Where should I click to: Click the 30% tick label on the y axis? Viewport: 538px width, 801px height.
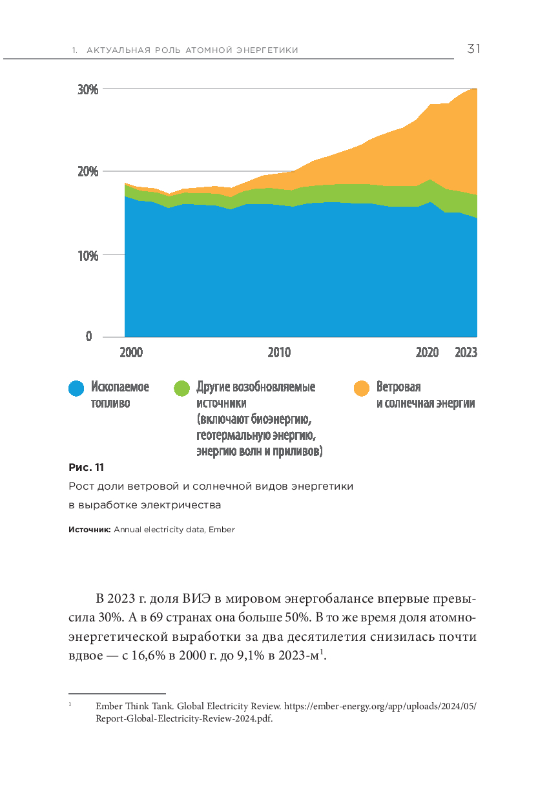pyautogui.click(x=88, y=89)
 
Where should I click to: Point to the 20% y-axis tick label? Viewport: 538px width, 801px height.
pyautogui.click(x=88, y=172)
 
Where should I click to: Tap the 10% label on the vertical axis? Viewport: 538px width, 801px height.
pyautogui.click(x=88, y=255)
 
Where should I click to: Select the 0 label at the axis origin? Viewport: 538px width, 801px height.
pyautogui.click(x=88, y=337)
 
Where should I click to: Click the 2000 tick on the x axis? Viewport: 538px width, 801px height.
pyautogui.click(x=131, y=353)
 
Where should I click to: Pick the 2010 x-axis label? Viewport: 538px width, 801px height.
pyautogui.click(x=279, y=353)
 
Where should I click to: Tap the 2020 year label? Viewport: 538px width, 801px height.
pyautogui.click(x=427, y=353)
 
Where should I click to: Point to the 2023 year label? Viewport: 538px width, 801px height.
pyautogui.click(x=466, y=353)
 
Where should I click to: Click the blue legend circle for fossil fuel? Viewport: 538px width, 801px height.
pyautogui.click(x=77, y=388)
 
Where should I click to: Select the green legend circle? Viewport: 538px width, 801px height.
pyautogui.click(x=183, y=388)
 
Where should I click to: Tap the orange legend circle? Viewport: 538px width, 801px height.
pyautogui.click(x=362, y=388)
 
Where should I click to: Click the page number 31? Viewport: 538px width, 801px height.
pyautogui.click(x=473, y=49)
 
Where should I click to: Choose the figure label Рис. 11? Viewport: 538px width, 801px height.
pyautogui.click(x=86, y=467)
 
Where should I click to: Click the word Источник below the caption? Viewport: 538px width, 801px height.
pyautogui.click(x=90, y=530)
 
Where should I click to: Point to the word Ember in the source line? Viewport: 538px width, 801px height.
pyautogui.click(x=222, y=530)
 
